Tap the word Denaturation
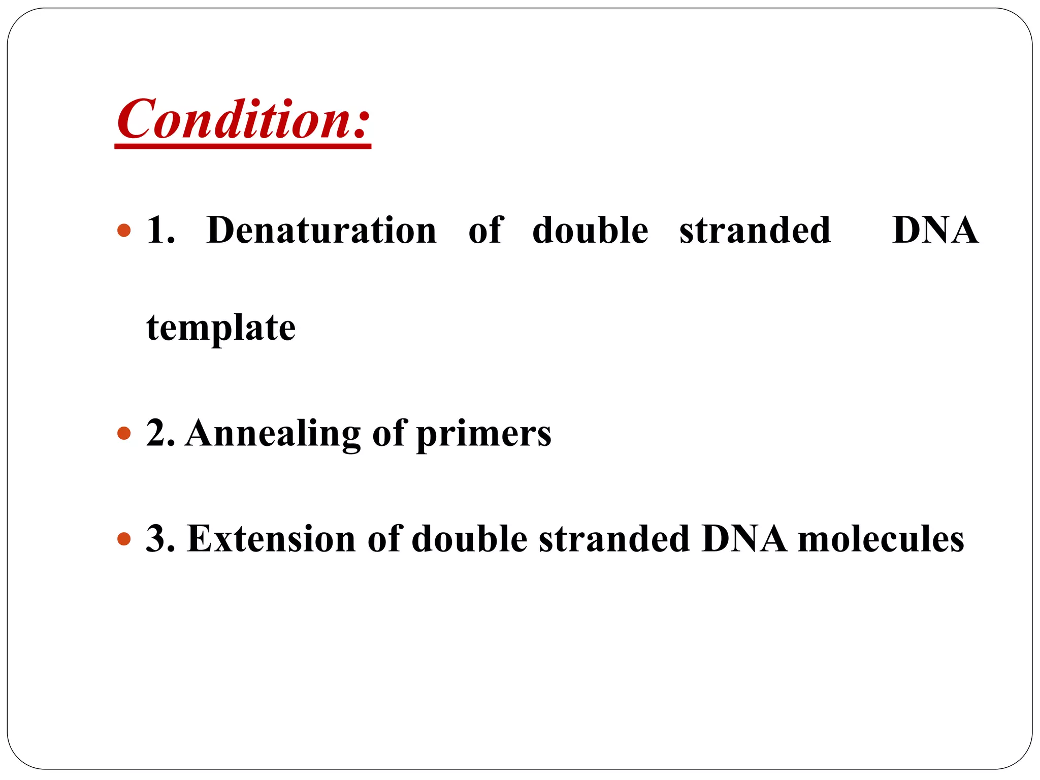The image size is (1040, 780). tap(321, 231)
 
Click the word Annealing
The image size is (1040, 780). tap(273, 435)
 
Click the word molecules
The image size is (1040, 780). tap(881, 539)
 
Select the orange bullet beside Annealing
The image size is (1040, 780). tap(124, 434)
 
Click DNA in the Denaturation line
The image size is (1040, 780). tap(935, 231)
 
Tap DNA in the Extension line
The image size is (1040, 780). tap(744, 539)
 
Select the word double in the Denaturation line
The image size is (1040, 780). tap(590, 231)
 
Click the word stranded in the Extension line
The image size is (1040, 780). tap(614, 539)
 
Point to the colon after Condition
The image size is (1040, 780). tap(360, 124)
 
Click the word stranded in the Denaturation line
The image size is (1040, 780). tap(755, 231)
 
